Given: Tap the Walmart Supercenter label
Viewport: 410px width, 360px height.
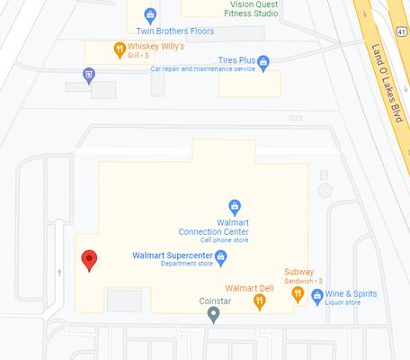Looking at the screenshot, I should tap(172, 256).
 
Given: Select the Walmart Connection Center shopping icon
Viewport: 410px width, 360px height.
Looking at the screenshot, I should tap(235, 206).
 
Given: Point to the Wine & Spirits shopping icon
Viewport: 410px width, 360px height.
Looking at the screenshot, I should tap(316, 295).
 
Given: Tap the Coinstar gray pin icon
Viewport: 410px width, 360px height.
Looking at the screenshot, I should tap(213, 314).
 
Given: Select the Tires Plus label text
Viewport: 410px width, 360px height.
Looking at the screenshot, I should tap(235, 59).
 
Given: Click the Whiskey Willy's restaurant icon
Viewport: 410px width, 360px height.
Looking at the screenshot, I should tap(119, 49).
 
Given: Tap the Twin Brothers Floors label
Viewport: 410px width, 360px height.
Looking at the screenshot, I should tap(150, 31).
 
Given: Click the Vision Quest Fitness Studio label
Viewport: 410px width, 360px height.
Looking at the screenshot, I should tap(241, 9).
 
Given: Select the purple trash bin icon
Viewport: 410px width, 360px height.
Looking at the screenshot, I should tap(88, 75).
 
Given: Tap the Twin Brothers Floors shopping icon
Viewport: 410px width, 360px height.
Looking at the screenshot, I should tap(150, 14).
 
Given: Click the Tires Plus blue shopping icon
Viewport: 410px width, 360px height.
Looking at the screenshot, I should tap(263, 62).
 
